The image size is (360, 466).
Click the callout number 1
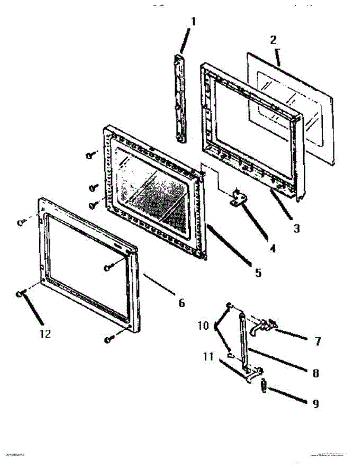click(193, 22)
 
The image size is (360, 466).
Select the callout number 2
click(274, 40)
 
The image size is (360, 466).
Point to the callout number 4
click(273, 248)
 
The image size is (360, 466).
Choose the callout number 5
click(258, 273)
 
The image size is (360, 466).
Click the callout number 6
click(181, 302)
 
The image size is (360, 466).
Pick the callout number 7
click(318, 341)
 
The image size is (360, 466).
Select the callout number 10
click(203, 325)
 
